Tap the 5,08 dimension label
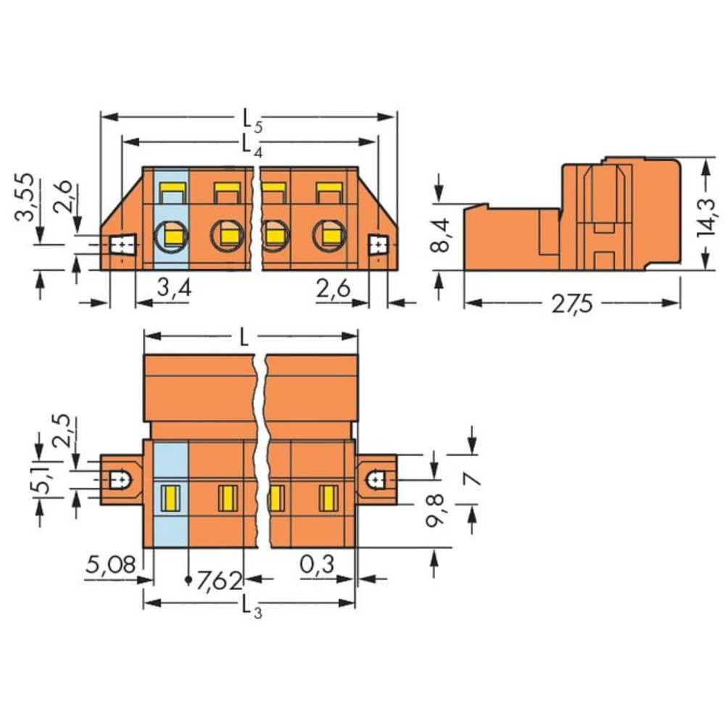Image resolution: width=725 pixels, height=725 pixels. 109,565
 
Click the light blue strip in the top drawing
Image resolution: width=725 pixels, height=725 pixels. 171,217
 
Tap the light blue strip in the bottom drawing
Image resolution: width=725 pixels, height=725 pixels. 171,497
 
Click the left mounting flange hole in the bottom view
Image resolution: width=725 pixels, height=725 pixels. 119,479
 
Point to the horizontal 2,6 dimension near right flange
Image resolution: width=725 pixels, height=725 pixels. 333,291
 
